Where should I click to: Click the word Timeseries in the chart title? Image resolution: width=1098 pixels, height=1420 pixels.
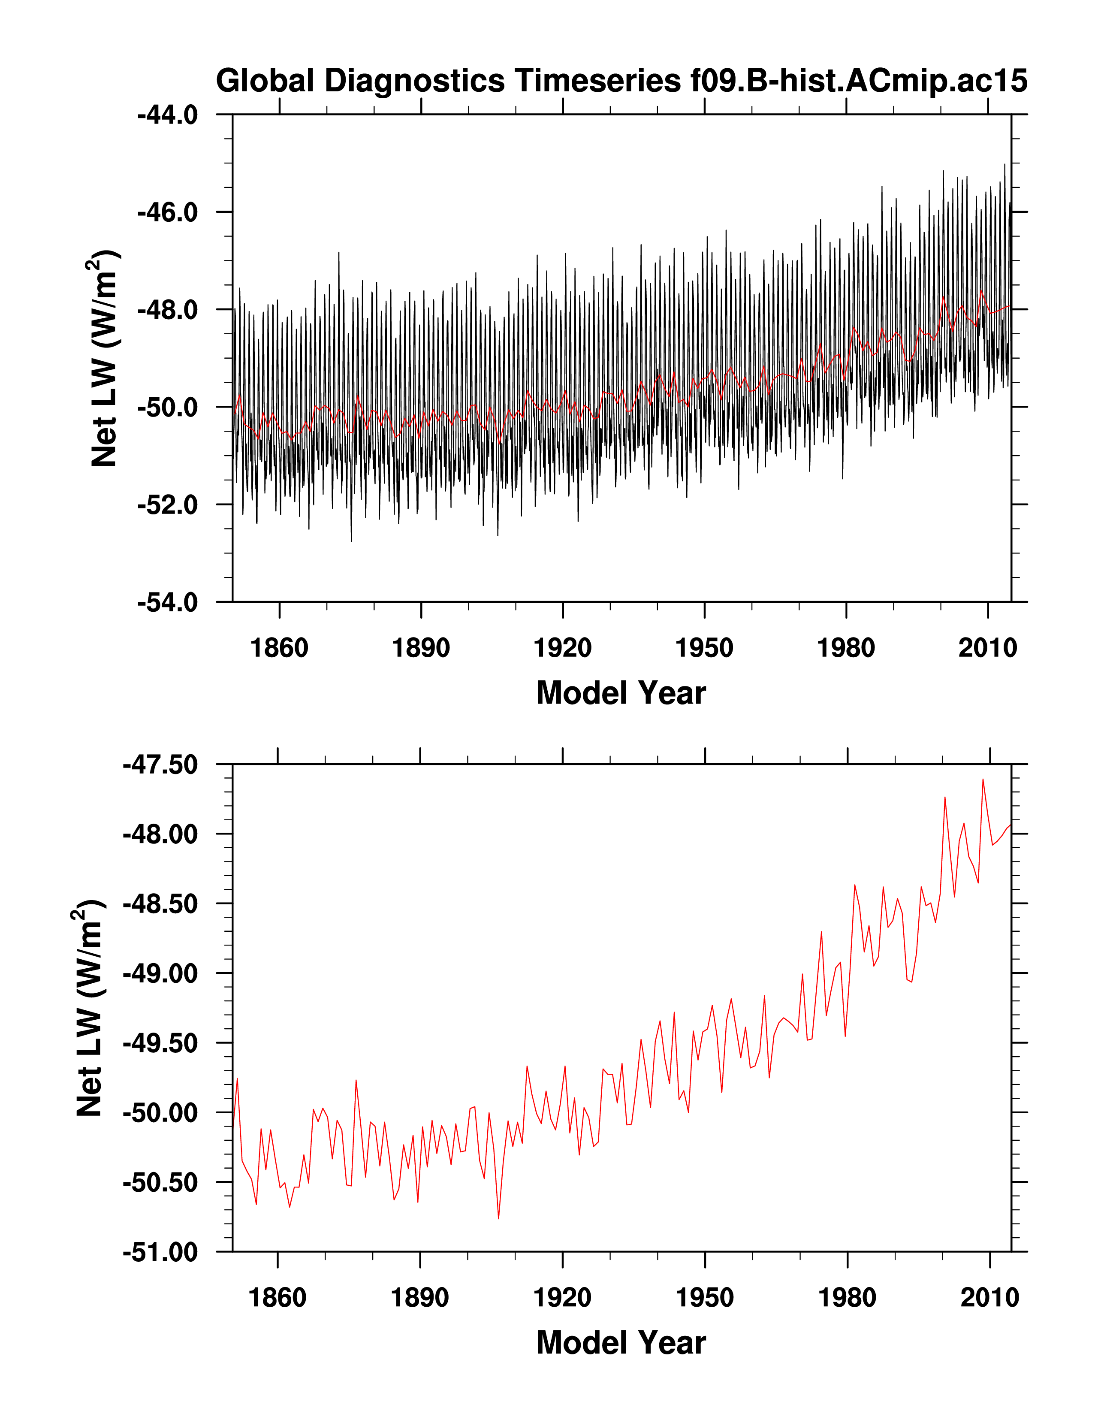click(x=597, y=81)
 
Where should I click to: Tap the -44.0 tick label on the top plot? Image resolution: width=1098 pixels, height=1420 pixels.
click(x=168, y=115)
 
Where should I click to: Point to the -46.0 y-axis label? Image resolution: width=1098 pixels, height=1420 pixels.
click(x=168, y=213)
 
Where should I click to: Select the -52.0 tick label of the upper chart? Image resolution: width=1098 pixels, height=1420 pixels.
click(x=168, y=505)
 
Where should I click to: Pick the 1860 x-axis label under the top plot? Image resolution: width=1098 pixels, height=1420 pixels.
click(x=280, y=648)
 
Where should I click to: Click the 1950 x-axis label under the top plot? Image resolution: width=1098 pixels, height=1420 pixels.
click(x=705, y=648)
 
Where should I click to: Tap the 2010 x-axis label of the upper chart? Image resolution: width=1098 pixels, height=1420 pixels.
click(x=987, y=648)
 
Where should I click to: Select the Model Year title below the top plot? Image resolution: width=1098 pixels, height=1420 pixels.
click(x=621, y=693)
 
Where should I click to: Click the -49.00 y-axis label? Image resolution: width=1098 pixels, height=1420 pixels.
click(x=160, y=974)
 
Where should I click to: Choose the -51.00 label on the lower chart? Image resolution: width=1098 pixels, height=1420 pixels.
click(x=160, y=1252)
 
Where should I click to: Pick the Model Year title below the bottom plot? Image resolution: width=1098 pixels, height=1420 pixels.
click(x=621, y=1343)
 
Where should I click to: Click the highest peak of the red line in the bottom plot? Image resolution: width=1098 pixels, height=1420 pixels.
click(x=983, y=779)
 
